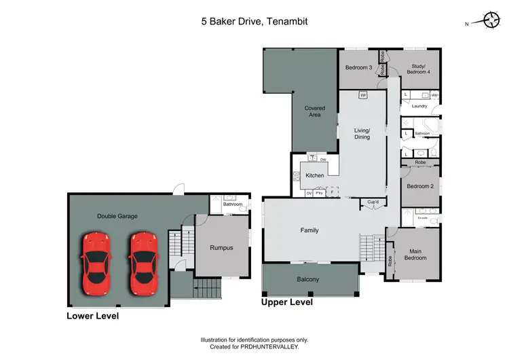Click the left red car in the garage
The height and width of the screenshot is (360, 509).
point(96,264)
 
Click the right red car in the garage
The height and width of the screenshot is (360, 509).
point(143,264)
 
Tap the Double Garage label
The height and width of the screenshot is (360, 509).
point(117,216)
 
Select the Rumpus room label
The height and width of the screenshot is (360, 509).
point(221,248)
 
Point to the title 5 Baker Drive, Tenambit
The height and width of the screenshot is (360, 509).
point(254,22)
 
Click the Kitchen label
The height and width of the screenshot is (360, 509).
point(315,176)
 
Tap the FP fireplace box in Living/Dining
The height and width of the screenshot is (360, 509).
point(363,95)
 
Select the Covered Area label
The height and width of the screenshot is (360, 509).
point(314,112)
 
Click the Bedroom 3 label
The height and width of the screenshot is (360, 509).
point(358,68)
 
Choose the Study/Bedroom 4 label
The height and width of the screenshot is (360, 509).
point(418,69)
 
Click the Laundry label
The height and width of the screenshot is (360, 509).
point(419,106)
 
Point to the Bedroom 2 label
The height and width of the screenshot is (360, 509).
point(419,186)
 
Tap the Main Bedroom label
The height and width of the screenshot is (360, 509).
point(415,255)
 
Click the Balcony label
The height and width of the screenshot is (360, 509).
point(307,279)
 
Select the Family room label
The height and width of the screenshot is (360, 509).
point(309,230)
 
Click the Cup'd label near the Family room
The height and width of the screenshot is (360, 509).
point(373,202)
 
